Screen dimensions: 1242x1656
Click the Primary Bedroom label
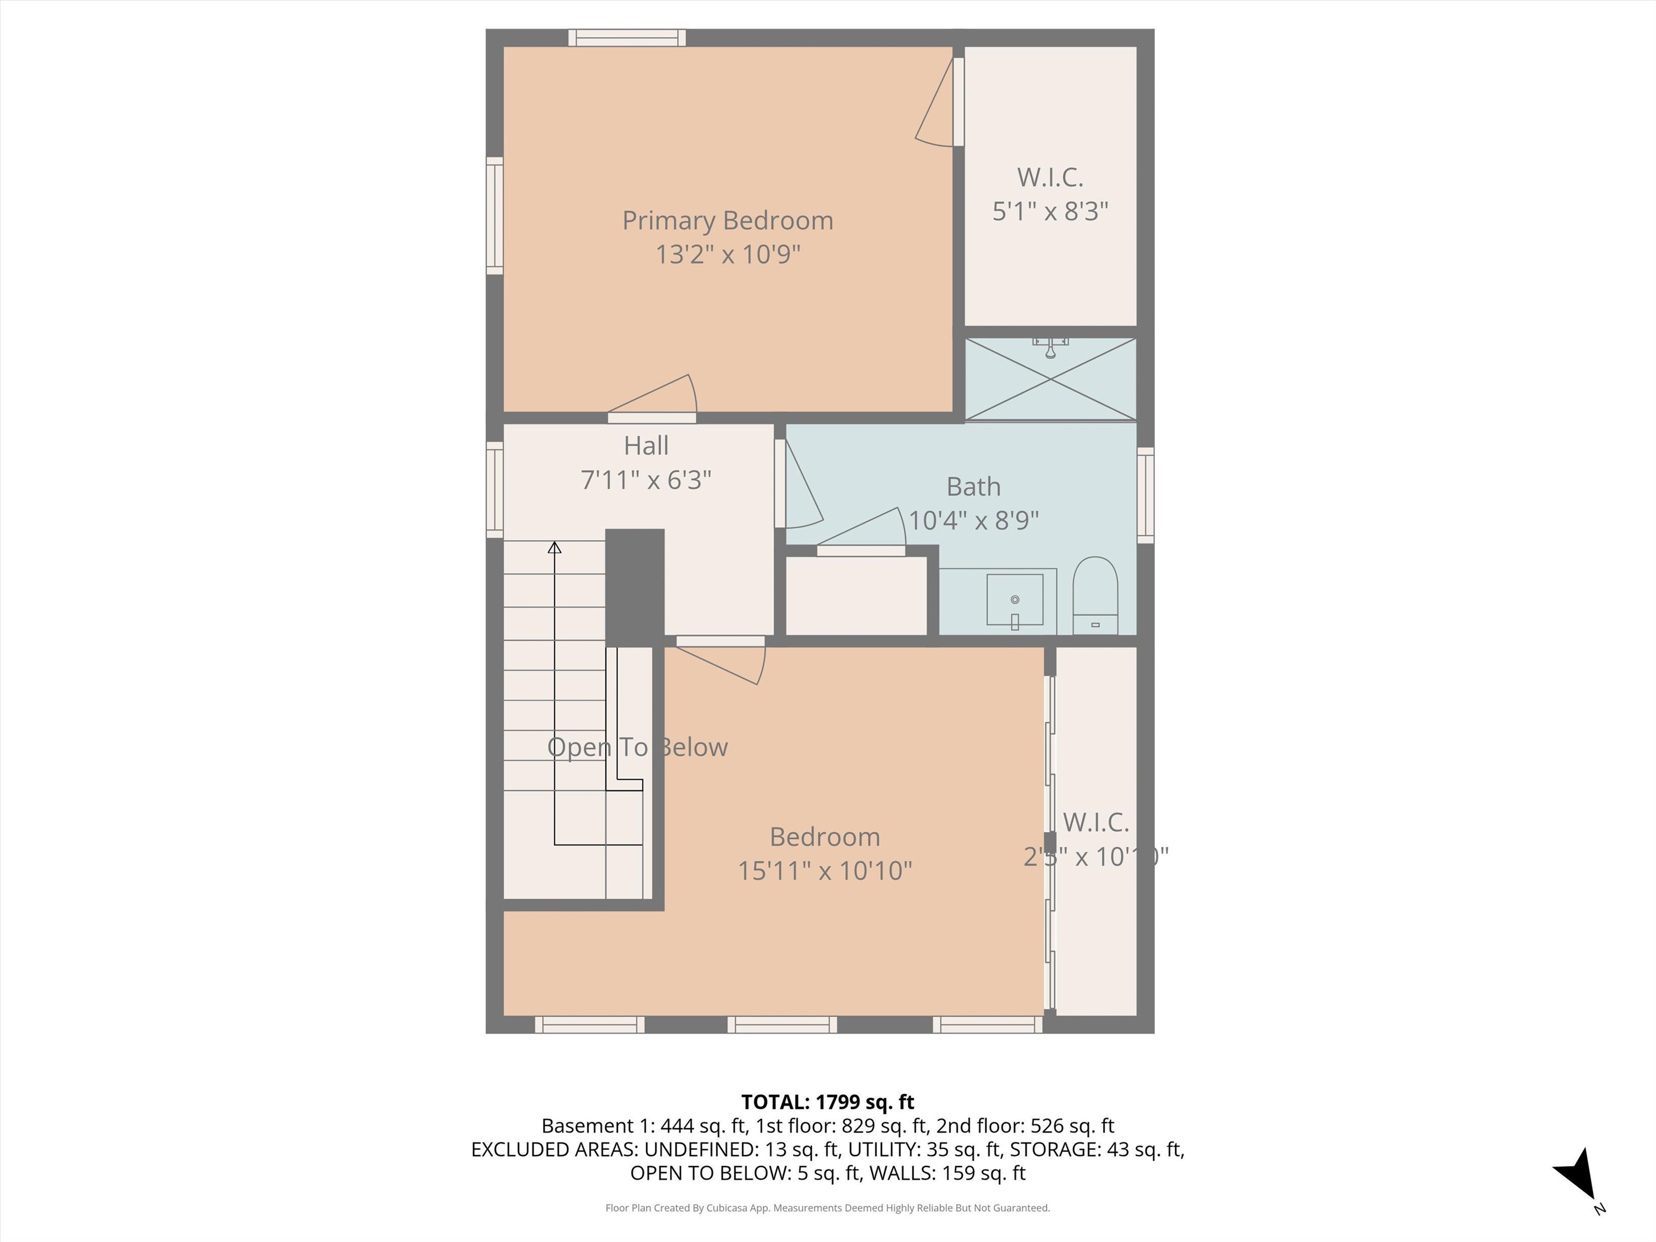[x=727, y=221]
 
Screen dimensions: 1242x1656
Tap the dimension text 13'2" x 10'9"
[x=728, y=254]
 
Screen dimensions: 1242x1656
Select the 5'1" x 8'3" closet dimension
[x=1050, y=212]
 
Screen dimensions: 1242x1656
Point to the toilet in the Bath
[x=1095, y=595]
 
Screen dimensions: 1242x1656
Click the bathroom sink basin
[x=1015, y=599]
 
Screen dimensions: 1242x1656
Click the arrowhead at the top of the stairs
[x=554, y=548]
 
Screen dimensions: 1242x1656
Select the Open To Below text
[x=637, y=747]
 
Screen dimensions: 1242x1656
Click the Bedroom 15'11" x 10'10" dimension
[x=824, y=871]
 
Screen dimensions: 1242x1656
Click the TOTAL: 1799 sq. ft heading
[x=827, y=1102]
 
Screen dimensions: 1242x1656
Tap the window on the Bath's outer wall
[x=1146, y=495]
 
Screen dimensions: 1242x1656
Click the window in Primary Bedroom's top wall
[x=626, y=37]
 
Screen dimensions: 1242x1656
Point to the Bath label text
[x=973, y=487]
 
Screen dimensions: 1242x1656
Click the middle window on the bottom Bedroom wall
[x=782, y=1025]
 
